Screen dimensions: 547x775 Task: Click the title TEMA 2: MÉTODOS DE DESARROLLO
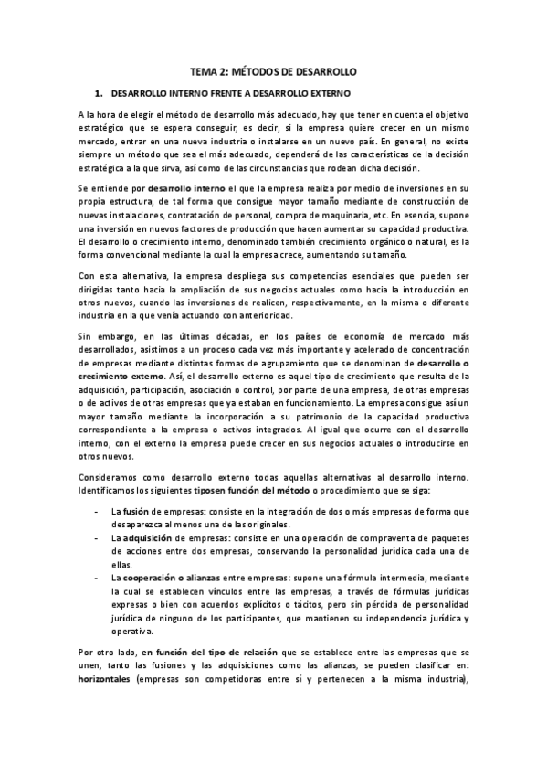click(273, 69)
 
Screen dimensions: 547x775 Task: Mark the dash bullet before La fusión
click(98, 511)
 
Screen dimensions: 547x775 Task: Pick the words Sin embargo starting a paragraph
click(101, 337)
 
